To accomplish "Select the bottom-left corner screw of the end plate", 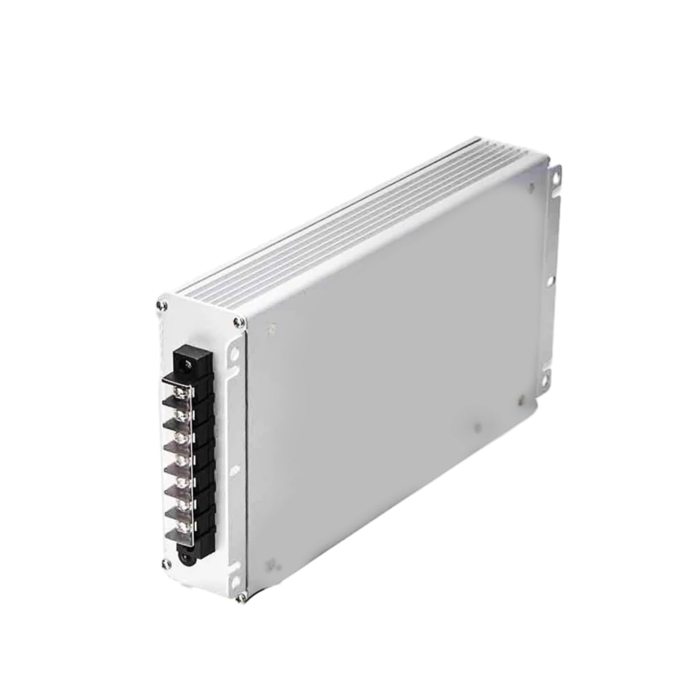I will [166, 564].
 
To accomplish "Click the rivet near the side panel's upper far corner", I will [532, 186].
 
